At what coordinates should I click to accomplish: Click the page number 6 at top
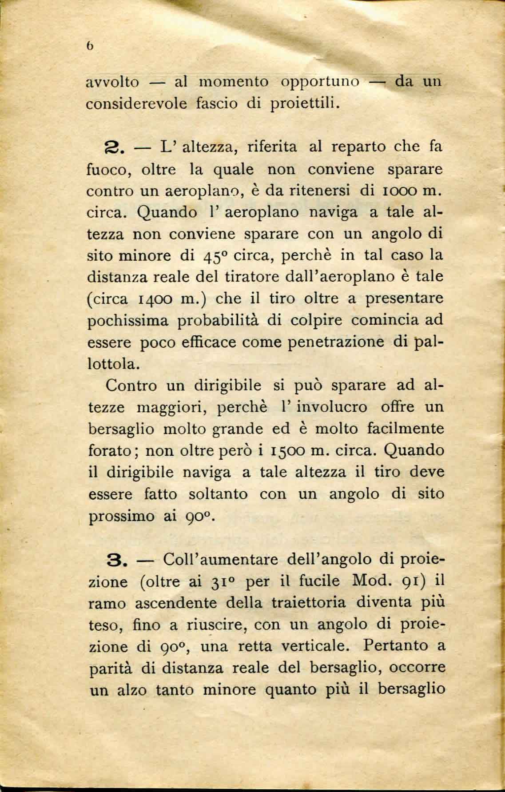pyautogui.click(x=90, y=46)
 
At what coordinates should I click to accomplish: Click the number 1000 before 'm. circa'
pyautogui.click(x=392, y=191)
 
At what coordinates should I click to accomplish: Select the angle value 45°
pyautogui.click(x=216, y=257)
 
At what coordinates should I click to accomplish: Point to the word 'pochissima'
pyautogui.click(x=129, y=321)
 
